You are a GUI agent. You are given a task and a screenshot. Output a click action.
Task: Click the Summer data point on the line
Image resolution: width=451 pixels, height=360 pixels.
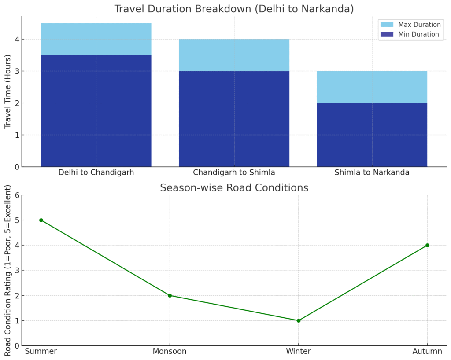click(41, 220)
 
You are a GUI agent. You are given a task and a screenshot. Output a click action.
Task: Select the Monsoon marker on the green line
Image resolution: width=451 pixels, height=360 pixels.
click(170, 295)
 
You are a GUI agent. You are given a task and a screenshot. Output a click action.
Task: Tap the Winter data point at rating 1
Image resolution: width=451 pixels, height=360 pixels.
click(299, 320)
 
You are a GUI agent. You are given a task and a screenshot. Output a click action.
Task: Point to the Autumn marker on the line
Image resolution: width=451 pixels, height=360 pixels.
click(427, 245)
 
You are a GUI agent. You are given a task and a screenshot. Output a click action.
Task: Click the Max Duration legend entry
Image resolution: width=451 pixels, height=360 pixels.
click(412, 25)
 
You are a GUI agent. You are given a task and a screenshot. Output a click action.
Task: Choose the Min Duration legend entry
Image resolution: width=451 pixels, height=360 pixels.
click(412, 34)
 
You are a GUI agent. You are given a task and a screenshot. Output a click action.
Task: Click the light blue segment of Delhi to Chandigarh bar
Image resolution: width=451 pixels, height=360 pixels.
click(96, 39)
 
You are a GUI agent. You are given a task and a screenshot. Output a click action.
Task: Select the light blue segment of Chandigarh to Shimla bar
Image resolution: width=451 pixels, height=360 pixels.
click(234, 55)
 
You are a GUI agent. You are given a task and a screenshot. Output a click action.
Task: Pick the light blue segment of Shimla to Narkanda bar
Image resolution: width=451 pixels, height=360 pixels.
click(372, 87)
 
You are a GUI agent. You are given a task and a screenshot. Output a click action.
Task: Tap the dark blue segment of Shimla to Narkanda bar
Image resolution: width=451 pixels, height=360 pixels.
click(372, 135)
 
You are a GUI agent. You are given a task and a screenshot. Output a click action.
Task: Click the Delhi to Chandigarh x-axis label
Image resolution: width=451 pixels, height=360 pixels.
click(96, 173)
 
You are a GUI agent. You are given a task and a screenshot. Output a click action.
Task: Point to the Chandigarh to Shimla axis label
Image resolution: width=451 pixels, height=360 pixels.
click(234, 173)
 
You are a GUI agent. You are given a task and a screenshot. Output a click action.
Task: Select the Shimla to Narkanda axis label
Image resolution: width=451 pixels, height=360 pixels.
click(372, 173)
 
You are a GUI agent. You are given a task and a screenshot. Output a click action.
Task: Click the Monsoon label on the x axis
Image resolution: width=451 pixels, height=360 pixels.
click(170, 351)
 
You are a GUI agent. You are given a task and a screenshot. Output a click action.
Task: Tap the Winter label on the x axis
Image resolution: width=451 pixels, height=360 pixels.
click(299, 351)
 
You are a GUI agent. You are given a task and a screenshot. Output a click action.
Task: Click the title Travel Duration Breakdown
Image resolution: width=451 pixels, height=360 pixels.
click(234, 9)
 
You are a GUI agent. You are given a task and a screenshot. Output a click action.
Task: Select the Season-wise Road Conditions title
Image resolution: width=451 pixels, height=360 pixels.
click(234, 188)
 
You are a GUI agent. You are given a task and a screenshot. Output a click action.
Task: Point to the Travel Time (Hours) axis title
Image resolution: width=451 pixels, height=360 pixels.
click(8, 92)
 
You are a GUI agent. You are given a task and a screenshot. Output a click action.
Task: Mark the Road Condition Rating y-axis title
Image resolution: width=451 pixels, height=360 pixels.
click(8, 270)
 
